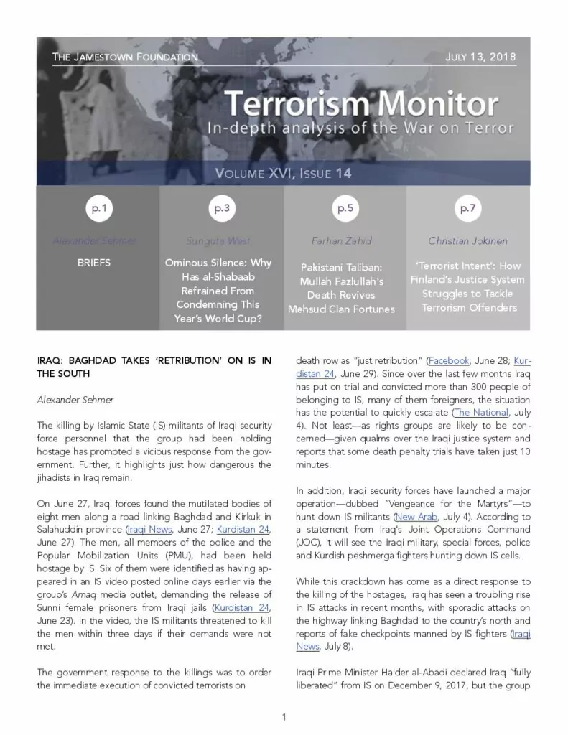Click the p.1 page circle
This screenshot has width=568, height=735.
(98, 209)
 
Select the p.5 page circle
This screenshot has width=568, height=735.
(345, 209)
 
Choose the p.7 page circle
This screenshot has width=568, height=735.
(467, 209)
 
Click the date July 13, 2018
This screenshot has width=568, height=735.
(480, 57)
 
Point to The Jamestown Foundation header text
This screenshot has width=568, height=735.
(125, 57)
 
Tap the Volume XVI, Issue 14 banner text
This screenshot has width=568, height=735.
(284, 173)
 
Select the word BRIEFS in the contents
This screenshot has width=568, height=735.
(94, 263)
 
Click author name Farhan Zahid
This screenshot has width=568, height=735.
(345, 240)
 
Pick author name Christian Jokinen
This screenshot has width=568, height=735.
(467, 240)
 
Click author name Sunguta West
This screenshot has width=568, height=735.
(218, 240)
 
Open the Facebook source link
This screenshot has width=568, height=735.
(449, 360)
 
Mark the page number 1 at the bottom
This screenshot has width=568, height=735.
(284, 716)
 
